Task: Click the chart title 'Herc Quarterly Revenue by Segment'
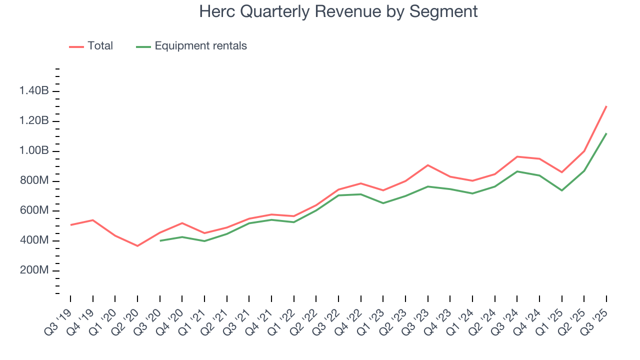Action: [338, 11]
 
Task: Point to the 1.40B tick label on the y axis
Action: [34, 91]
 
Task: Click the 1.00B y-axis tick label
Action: [34, 151]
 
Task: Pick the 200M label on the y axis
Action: [34, 271]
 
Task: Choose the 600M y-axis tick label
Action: [34, 211]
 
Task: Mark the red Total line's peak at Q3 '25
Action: [606, 106]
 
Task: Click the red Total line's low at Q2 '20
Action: [137, 246]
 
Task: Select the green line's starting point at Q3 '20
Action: [160, 240]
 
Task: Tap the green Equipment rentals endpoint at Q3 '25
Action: [606, 133]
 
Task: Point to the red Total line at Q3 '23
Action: [428, 165]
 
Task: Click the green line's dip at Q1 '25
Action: [562, 190]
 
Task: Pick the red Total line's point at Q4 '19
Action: [93, 220]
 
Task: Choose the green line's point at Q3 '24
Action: [517, 171]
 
